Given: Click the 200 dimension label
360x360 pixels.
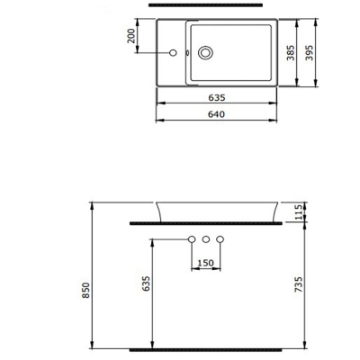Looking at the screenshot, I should point(131,36).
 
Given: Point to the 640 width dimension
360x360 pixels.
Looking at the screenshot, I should point(215,113).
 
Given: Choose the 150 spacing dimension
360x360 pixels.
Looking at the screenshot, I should point(205,263).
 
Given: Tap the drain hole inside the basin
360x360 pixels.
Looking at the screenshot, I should point(207,53).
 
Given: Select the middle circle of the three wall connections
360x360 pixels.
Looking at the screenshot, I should point(205,239).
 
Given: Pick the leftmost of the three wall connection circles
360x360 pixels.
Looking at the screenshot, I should point(191,239).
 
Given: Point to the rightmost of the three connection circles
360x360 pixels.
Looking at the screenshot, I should point(220,239).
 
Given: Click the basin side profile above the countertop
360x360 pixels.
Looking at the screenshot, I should point(215,210).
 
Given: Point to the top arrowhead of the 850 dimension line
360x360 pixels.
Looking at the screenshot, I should point(93,204).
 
